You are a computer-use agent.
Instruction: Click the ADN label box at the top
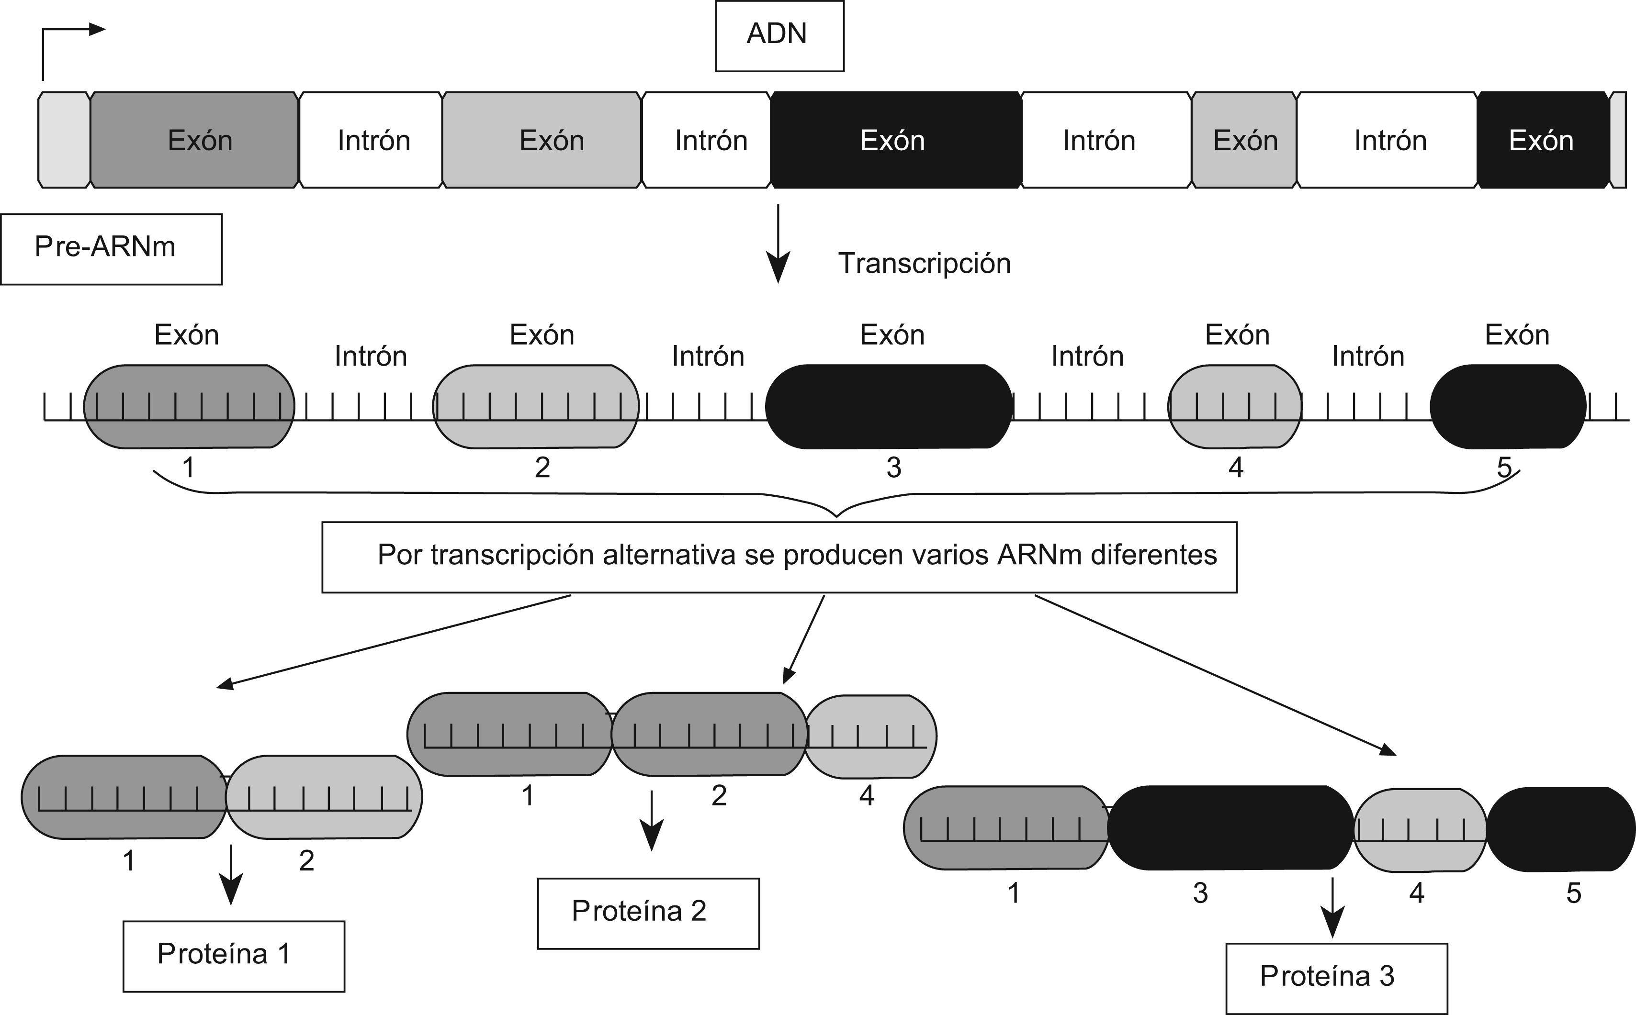[779, 35]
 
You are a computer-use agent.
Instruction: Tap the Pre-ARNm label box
[111, 248]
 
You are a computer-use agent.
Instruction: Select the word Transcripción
[924, 263]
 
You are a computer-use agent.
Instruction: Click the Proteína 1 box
[233, 955]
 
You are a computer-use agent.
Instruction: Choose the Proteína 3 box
[1336, 977]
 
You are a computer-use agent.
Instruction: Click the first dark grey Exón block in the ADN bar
[195, 140]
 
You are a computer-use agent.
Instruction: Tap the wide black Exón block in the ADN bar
[895, 140]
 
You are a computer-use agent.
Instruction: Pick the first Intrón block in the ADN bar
[371, 140]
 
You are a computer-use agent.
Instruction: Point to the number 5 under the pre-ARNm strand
[1504, 467]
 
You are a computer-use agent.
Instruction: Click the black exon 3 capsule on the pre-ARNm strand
[889, 407]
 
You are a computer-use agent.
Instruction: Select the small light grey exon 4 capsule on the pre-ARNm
[1234, 407]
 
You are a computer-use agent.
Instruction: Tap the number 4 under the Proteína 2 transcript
[866, 795]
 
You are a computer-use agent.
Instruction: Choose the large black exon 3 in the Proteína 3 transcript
[1229, 828]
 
